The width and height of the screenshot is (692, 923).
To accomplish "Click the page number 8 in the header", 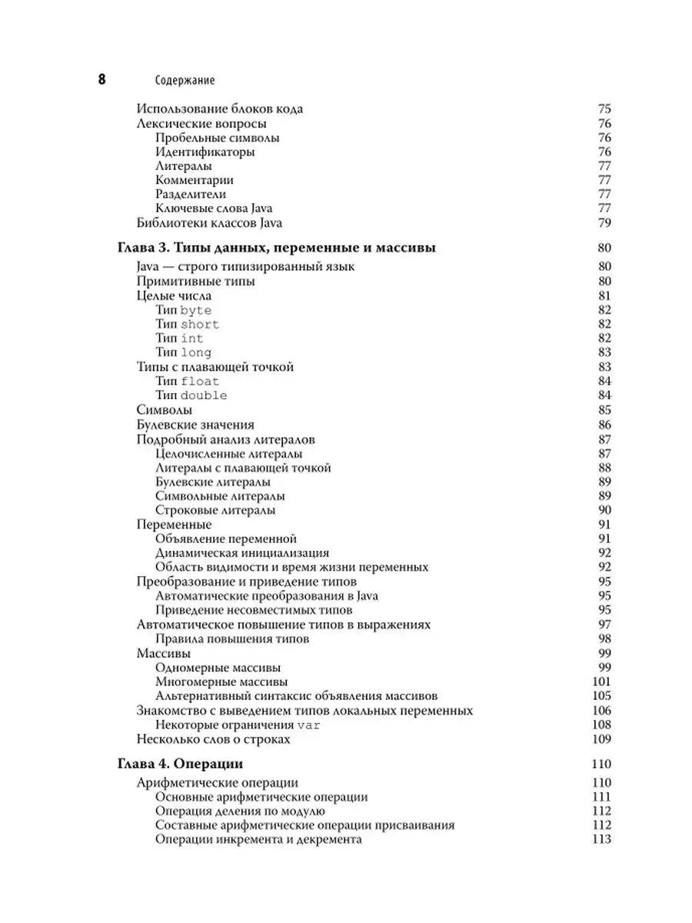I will point(101,79).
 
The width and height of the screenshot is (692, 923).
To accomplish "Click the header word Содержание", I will point(185,80).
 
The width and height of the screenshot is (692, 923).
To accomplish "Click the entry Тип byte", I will point(183,310).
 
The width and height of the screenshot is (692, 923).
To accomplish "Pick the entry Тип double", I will point(191,395).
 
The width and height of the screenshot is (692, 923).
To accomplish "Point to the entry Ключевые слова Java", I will point(214,208).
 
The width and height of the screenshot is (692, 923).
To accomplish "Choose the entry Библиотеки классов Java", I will point(209,223).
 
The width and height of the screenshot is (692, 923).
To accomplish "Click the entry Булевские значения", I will point(195,425).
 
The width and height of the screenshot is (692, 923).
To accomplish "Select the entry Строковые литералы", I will point(215,510).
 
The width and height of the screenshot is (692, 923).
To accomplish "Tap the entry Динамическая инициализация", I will point(242,553).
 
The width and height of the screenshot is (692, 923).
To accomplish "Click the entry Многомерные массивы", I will point(221,681).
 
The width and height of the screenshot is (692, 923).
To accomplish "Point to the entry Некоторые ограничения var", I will point(238,725).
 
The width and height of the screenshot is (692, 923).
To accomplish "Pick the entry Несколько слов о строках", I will point(213,739).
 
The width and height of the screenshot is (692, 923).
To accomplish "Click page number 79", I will point(604,223).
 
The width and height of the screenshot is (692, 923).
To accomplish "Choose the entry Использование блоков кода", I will point(219,109).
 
